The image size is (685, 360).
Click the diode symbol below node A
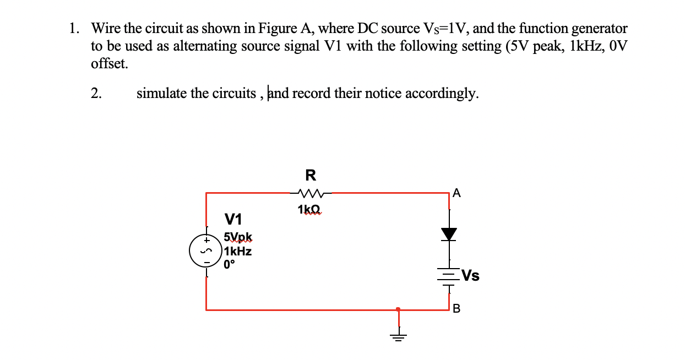[450, 234]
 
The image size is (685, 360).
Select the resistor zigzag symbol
[311, 193]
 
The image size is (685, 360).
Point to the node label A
[456, 193]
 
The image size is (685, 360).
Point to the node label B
[456, 308]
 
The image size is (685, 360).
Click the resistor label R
[311, 175]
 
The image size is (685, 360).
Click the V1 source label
[233, 220]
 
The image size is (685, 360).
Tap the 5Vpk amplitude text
[238, 238]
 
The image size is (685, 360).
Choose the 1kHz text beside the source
[238, 251]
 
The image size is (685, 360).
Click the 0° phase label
[230, 264]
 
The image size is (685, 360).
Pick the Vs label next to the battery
[470, 275]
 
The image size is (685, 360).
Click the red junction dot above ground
[398, 309]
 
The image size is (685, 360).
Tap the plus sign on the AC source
[208, 241]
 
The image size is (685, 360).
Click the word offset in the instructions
[109, 63]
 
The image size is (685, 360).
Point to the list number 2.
[96, 93]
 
